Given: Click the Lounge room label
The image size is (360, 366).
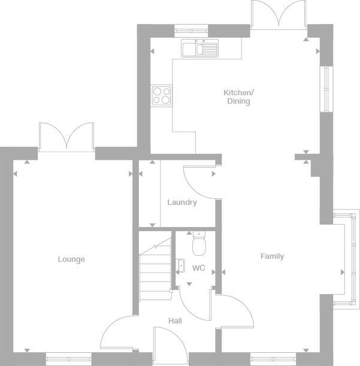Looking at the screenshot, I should (x=71, y=259).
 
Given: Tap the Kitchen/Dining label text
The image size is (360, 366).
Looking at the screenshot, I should (x=238, y=97).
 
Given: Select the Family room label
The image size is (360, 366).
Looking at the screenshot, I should (x=272, y=256).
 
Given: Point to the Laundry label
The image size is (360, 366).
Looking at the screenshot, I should (x=182, y=202).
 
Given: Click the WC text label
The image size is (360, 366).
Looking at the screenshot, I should (x=198, y=268).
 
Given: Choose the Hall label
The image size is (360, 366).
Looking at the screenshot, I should (x=175, y=321).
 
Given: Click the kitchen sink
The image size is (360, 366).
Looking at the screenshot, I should (x=201, y=48).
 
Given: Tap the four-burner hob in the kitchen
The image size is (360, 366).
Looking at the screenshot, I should (x=161, y=95).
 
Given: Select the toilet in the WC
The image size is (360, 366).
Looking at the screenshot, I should (x=199, y=244).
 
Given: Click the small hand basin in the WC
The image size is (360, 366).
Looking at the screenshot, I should (x=180, y=266).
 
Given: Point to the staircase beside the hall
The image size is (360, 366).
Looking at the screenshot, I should (x=155, y=270).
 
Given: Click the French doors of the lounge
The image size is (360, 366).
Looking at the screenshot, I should (x=66, y=137).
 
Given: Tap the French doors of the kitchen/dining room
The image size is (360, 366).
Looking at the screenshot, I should (x=279, y=15).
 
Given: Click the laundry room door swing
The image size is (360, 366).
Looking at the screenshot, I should (x=198, y=180).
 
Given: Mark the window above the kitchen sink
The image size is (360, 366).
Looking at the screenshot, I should (x=191, y=28).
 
